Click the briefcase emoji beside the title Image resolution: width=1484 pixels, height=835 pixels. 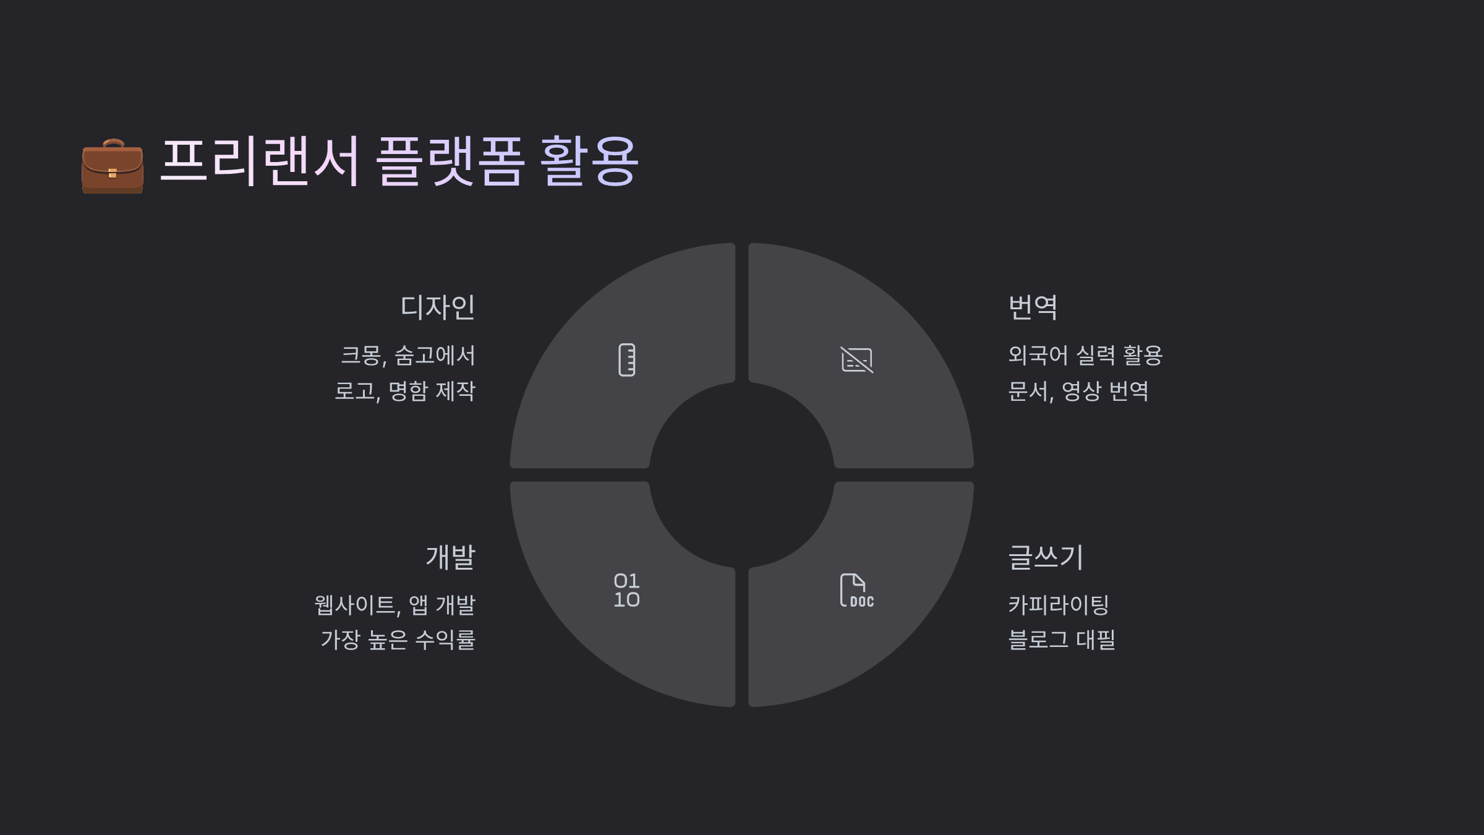(x=113, y=166)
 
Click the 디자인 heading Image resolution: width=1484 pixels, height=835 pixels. (x=438, y=307)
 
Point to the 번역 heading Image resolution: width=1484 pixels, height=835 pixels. (x=1033, y=307)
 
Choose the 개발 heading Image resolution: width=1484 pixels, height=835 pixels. (x=450, y=557)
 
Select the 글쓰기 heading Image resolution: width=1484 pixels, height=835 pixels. (x=1046, y=557)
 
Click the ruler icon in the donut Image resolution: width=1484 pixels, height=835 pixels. (x=627, y=360)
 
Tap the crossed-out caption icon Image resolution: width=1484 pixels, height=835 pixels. (x=856, y=360)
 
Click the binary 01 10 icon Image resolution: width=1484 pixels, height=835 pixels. (x=626, y=590)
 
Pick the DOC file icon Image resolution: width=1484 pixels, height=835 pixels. (x=856, y=590)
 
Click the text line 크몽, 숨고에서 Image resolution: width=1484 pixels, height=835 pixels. (x=408, y=356)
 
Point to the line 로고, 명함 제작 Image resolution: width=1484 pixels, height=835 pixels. (x=405, y=391)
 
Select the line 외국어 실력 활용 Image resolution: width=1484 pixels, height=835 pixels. (x=1085, y=356)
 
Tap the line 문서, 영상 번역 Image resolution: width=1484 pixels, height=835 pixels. (x=1078, y=391)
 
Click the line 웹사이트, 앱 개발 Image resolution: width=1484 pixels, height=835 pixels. (x=394, y=605)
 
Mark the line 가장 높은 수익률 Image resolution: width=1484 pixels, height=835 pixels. (x=398, y=640)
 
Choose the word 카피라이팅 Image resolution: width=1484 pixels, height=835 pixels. (x=1059, y=605)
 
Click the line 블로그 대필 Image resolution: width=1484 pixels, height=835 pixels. (x=1062, y=640)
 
